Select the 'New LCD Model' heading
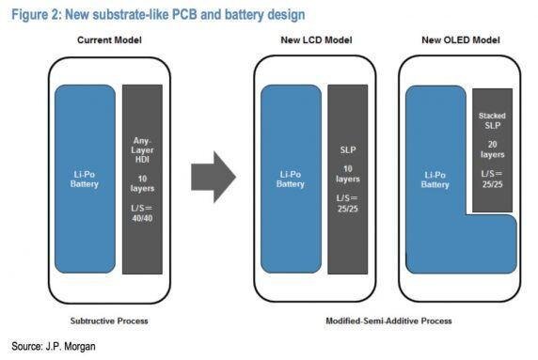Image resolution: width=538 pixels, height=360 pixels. [310, 41]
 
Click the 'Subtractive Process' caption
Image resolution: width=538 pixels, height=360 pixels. [111, 320]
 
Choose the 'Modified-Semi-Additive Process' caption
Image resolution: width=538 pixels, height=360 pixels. [388, 320]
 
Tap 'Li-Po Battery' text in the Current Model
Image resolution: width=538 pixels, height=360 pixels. [85, 179]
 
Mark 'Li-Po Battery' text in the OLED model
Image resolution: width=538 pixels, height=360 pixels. [435, 179]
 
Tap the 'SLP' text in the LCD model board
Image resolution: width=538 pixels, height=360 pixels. [348, 149]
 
